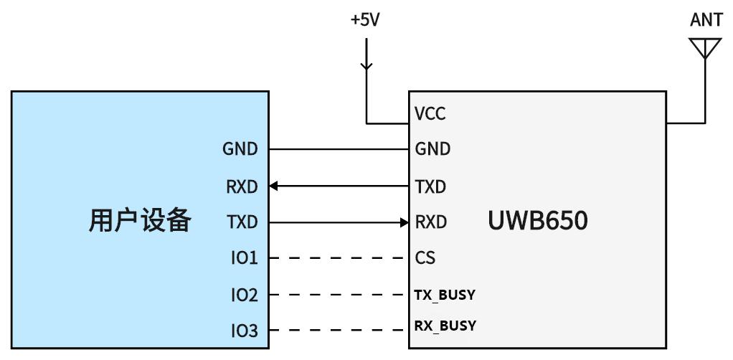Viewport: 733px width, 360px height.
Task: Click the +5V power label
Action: tap(365, 20)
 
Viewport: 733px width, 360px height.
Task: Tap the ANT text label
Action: tap(706, 20)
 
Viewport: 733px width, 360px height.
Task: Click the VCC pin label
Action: tap(430, 114)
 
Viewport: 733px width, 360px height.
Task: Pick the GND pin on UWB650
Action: tap(432, 149)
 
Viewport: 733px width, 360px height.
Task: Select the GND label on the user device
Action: tap(240, 149)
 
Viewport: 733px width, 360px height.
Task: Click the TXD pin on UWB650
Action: tap(430, 187)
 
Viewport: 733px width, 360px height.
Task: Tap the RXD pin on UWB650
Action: tap(431, 222)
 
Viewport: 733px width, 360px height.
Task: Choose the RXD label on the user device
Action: tap(242, 187)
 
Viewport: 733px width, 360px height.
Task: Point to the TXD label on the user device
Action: tap(242, 222)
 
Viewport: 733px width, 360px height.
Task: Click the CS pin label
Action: tap(425, 257)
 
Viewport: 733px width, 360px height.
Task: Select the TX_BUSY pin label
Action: tap(445, 295)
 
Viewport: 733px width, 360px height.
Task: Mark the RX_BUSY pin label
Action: tap(445, 326)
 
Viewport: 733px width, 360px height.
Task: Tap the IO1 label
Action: tap(244, 257)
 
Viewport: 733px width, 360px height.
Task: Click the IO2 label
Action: tap(244, 295)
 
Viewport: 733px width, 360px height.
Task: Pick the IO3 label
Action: tap(244, 331)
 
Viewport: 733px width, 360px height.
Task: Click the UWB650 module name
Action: tap(537, 221)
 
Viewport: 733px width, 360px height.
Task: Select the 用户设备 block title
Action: tap(140, 221)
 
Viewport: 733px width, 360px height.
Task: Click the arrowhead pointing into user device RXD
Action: tap(274, 186)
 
